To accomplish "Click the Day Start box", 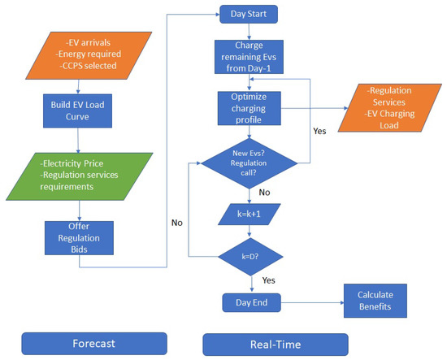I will [x=250, y=15].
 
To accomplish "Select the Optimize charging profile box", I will [x=250, y=108].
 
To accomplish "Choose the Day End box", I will [x=250, y=302].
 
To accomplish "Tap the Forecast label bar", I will [x=94, y=342].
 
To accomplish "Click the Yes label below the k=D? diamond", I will [x=269, y=280].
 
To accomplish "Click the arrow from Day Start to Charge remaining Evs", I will [x=250, y=32].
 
